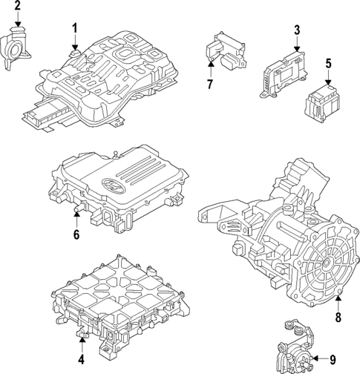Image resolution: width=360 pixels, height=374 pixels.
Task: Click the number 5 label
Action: (x=328, y=65)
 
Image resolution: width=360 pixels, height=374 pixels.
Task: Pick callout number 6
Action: (x=76, y=236)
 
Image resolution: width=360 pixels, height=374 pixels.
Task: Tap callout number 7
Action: (x=210, y=84)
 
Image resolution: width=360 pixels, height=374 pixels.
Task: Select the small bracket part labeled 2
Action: (x=16, y=48)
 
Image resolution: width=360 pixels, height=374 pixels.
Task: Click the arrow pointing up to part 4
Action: (x=82, y=344)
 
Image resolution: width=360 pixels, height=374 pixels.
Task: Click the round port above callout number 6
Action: (x=76, y=216)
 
